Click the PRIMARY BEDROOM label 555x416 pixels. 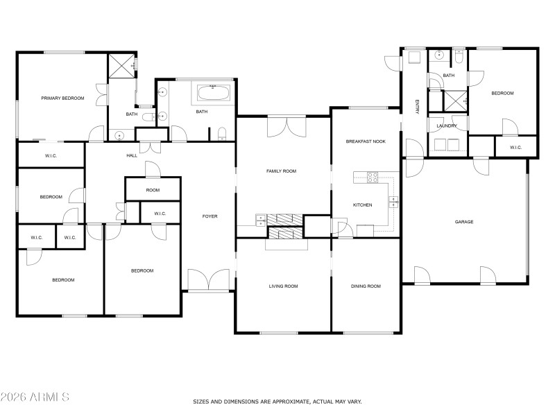pyautogui.click(x=62, y=98)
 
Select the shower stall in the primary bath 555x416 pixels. pyautogui.click(x=121, y=67)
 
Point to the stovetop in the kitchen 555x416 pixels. pyautogui.click(x=372, y=177)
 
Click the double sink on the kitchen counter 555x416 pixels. pyautogui.click(x=393, y=202)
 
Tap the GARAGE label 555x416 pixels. pyautogui.click(x=464, y=222)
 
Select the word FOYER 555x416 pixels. pyautogui.click(x=210, y=216)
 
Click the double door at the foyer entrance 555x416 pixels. pyautogui.click(x=209, y=280)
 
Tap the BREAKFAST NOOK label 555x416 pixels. pyautogui.click(x=366, y=141)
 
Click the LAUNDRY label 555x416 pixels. pyautogui.click(x=447, y=125)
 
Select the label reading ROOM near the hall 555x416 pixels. pyautogui.click(x=153, y=190)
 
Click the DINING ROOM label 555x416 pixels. pyautogui.click(x=366, y=286)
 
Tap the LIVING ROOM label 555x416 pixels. pyautogui.click(x=283, y=286)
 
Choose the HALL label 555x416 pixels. pyautogui.click(x=132, y=155)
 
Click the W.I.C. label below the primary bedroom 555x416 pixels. pyautogui.click(x=51, y=155)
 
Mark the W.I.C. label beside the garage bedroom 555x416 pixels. pyautogui.click(x=515, y=147)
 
